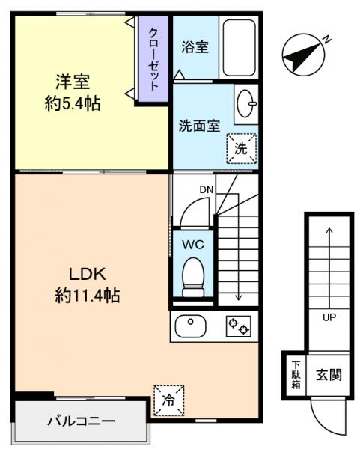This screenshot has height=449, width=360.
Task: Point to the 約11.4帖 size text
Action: (87, 296)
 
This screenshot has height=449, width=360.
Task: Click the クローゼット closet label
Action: (153, 58)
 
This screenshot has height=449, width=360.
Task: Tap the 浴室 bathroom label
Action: (195, 46)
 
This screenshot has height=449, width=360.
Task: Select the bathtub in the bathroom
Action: (239, 47)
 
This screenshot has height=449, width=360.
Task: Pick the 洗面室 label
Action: (199, 126)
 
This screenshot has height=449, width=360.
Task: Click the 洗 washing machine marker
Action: (240, 148)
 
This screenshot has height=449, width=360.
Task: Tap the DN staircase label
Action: (207, 189)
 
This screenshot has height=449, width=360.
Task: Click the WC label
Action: (193, 243)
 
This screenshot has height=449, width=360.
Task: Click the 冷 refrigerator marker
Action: (168, 400)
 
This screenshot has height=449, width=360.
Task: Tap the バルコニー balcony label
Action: (82, 421)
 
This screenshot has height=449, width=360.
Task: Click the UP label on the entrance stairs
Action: (329, 317)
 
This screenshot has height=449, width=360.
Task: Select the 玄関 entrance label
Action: (328, 373)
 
